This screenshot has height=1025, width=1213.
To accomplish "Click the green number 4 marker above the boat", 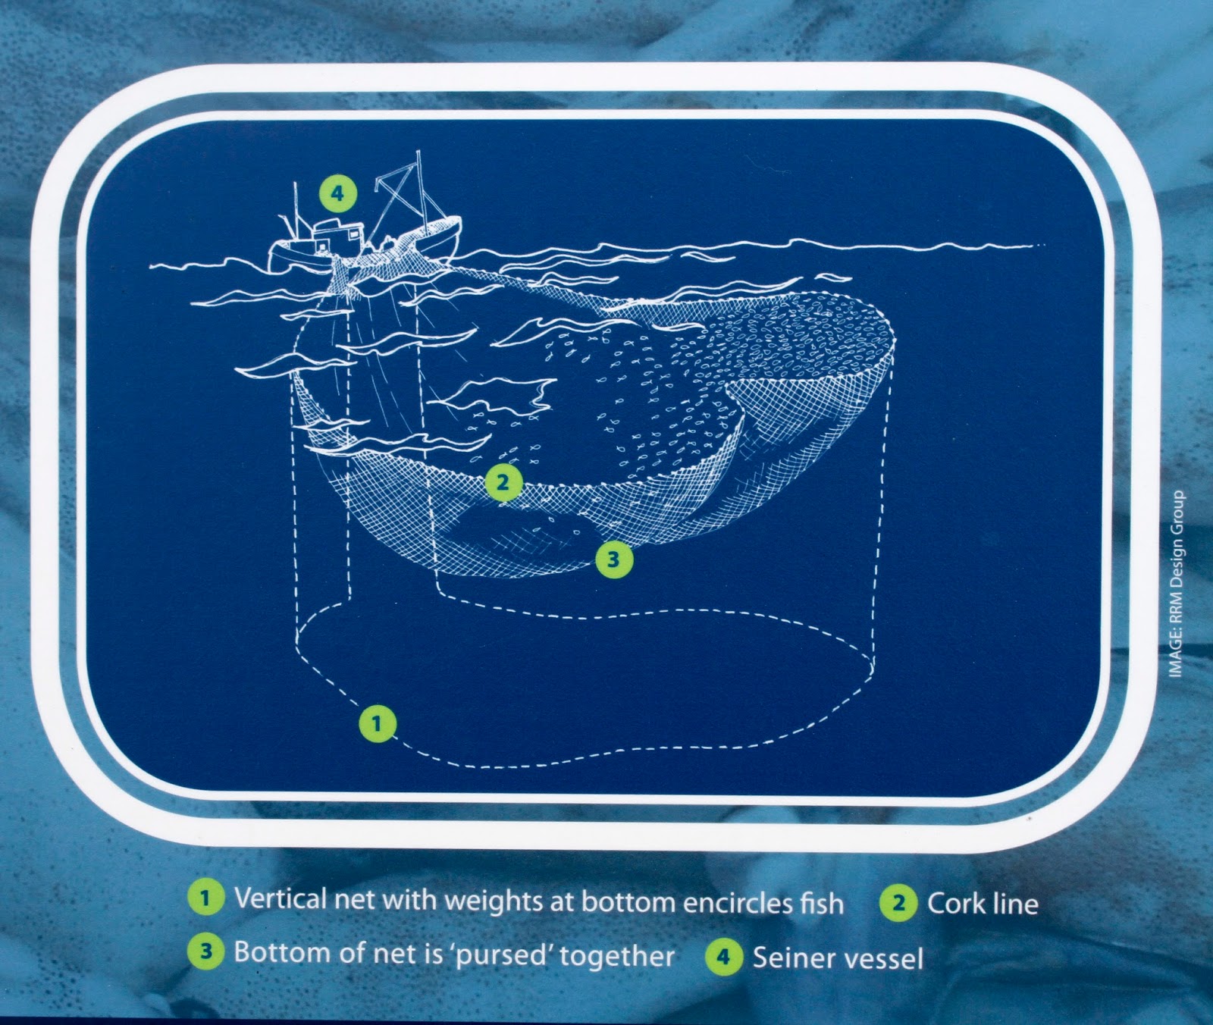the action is [x=337, y=193].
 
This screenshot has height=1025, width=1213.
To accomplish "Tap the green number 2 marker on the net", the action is [x=503, y=481].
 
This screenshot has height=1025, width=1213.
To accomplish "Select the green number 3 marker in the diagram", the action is [x=613, y=560].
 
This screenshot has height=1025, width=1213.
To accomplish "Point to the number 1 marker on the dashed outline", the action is [x=378, y=724].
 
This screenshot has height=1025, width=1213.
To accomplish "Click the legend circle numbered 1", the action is [x=204, y=899].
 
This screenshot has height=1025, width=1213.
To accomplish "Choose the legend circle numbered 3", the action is [x=205, y=953].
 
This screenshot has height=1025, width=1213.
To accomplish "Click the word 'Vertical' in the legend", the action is [x=282, y=899].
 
